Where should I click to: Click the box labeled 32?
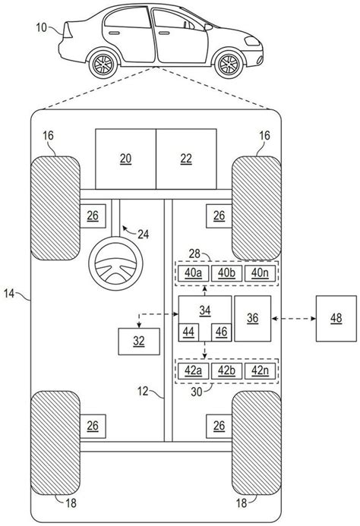(139, 341)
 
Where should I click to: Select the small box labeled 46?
(220, 331)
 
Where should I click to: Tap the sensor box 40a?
(193, 272)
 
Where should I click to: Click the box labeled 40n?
(260, 272)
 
